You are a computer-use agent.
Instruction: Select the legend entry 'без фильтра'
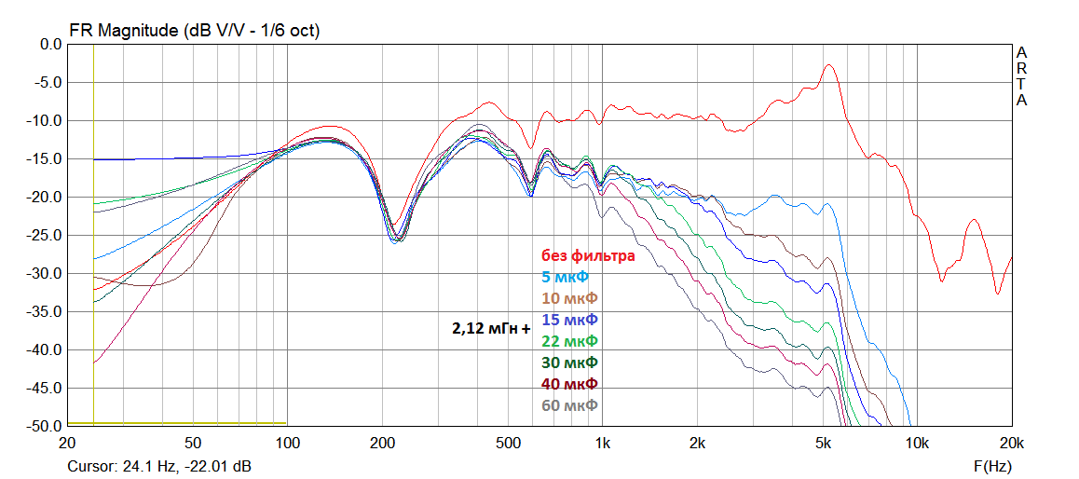point(588,255)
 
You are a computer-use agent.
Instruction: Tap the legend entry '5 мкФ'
point(566,277)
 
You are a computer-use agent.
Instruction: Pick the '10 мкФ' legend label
point(569,298)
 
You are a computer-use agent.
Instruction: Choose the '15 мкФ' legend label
point(569,320)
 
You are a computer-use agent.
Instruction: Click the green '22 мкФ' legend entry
point(569,341)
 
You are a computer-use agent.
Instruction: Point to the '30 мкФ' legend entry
point(569,363)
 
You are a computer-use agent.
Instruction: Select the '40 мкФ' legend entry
point(569,384)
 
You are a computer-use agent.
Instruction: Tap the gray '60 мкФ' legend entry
point(569,405)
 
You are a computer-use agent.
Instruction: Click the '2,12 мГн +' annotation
point(490,328)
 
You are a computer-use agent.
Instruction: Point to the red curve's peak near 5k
point(826,66)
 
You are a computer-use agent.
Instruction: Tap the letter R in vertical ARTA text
point(1021,68)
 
